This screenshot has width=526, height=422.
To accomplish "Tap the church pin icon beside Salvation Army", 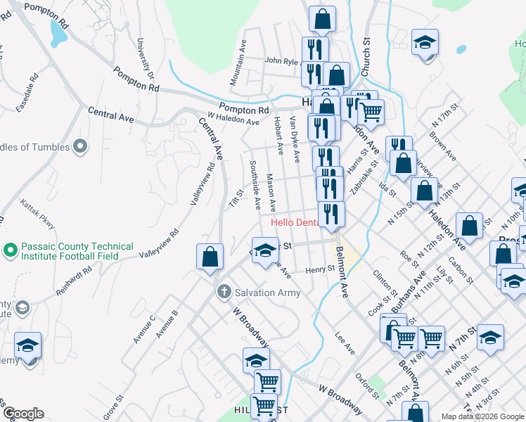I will [x=224, y=290].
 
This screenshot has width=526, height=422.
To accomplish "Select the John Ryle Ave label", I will [x=283, y=60].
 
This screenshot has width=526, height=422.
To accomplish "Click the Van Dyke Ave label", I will [x=294, y=141].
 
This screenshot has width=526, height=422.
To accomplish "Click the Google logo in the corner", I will [x=23, y=414].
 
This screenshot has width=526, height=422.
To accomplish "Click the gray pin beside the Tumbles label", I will [x=81, y=147].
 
